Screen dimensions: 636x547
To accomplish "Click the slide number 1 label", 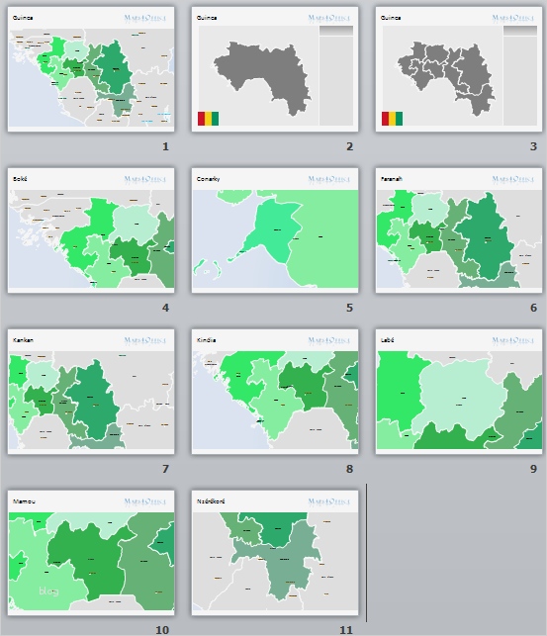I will pos(166,146).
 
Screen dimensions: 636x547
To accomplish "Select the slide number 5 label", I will pos(349,308).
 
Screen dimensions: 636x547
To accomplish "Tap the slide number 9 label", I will pos(533,469).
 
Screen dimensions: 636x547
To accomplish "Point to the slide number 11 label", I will pos(345,629).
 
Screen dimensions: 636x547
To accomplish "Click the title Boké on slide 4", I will pos(20,179).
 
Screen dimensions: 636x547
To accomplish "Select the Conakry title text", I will pos(209,179).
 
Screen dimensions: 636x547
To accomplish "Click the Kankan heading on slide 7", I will pos(23,340).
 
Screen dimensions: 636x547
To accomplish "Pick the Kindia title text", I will pos(206,340).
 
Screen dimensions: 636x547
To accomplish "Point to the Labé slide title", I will pos(389,340).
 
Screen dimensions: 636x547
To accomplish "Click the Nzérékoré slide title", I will pos(212,501).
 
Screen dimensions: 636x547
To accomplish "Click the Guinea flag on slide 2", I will pos(208,120).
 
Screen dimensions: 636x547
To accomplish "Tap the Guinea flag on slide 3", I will pos(392,120).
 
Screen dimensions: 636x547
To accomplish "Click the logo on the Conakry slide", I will pos(331,179).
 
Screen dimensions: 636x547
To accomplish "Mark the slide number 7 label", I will pos(166,469).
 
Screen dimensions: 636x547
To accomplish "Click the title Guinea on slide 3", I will pos(393,18).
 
